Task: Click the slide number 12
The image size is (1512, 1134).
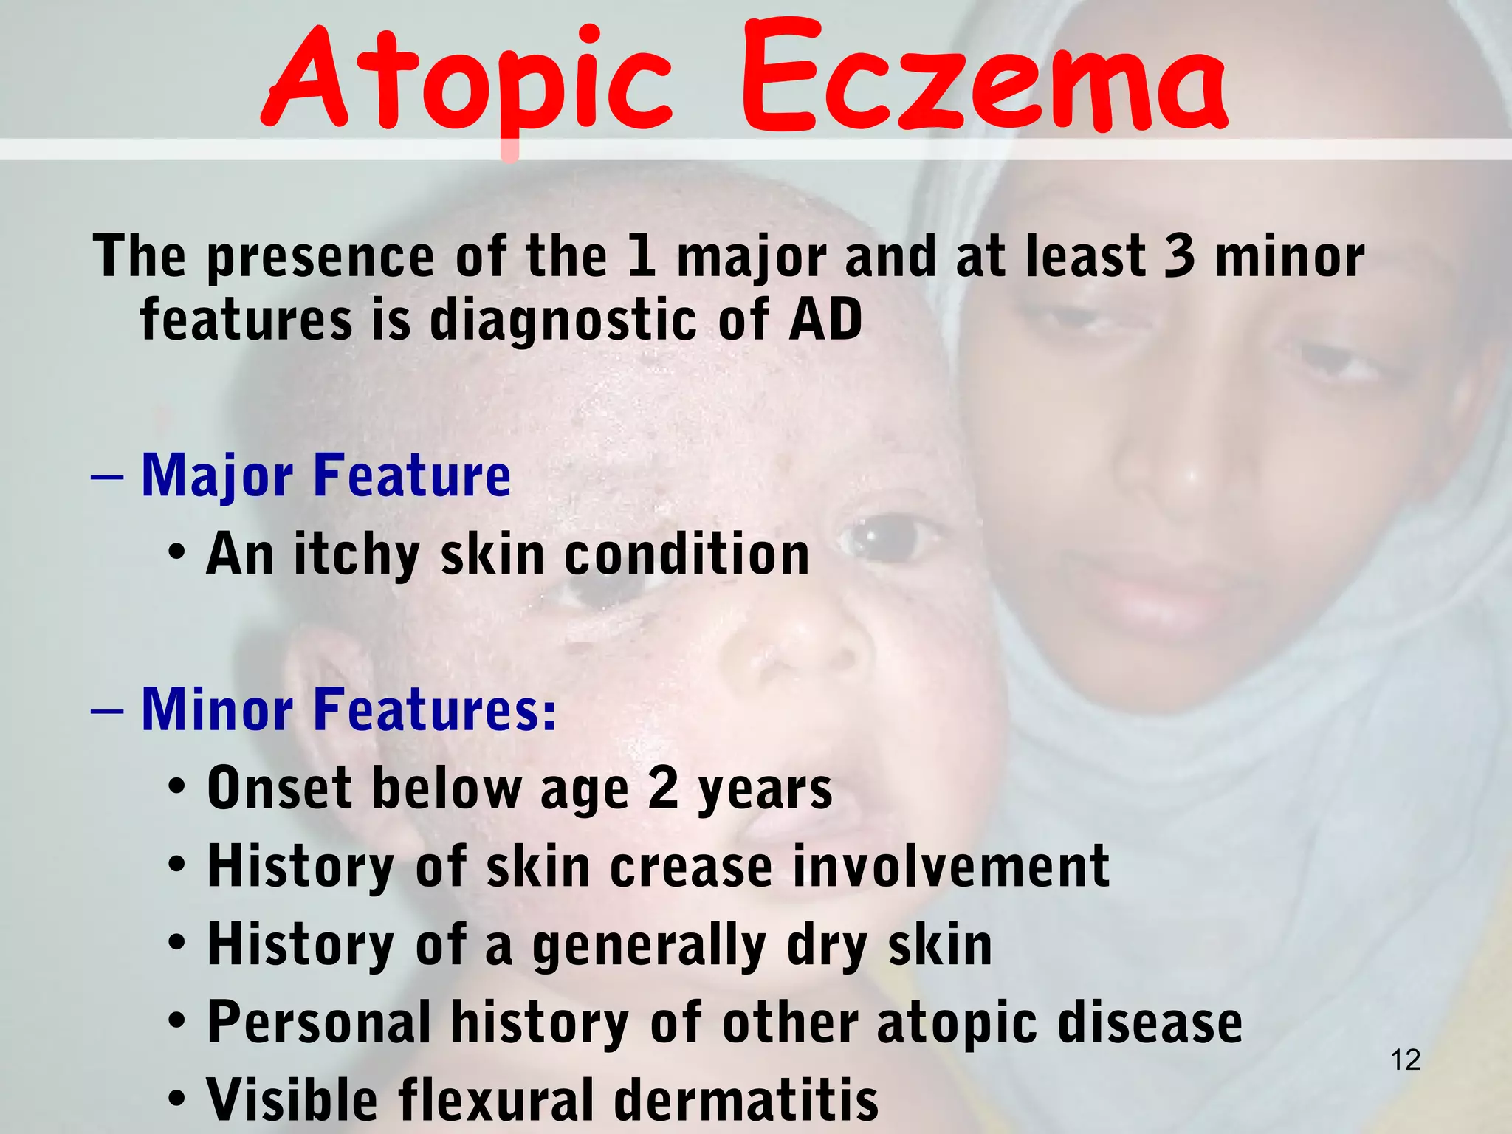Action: point(1405,1060)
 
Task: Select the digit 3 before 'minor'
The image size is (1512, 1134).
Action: point(1179,256)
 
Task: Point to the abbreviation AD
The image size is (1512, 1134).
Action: point(825,320)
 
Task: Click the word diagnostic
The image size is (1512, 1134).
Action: point(563,321)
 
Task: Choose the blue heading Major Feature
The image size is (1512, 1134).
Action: point(326,476)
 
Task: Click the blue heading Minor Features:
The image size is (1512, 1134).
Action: point(348,709)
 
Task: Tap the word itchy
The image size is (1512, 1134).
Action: point(357,554)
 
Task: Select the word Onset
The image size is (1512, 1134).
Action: point(280,788)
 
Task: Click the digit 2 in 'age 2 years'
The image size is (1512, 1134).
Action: point(663,788)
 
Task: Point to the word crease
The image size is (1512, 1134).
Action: point(690,867)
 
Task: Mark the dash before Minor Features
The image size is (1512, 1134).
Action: point(107,709)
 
